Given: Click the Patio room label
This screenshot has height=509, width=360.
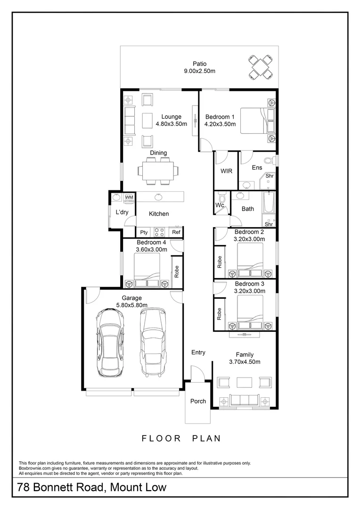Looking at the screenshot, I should [199, 64].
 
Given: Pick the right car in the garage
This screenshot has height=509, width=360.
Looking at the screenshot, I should [153, 343].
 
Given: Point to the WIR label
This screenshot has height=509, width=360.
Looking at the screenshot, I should [226, 171].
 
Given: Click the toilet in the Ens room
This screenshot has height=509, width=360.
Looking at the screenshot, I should [270, 159].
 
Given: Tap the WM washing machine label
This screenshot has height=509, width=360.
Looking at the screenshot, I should [129, 197].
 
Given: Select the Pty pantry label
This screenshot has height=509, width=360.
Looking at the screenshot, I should [144, 232].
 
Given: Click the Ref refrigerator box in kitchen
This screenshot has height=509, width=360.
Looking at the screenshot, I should [176, 232].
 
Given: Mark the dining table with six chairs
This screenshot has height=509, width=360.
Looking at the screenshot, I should [158, 170].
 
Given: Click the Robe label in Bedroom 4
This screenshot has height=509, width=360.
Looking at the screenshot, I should [177, 271].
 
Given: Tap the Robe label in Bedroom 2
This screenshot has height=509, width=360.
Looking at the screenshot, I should [220, 262].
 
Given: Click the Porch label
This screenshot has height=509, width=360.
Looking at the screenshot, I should [198, 401].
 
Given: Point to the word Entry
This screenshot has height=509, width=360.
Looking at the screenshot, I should [198, 352].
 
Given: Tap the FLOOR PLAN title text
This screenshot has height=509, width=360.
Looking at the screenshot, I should [181, 438].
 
